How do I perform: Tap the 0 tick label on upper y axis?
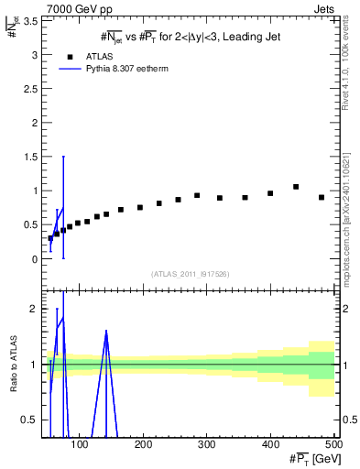point(34,259)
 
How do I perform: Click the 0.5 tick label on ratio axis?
point(28,420)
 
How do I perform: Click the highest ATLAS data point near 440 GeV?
point(296,187)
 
